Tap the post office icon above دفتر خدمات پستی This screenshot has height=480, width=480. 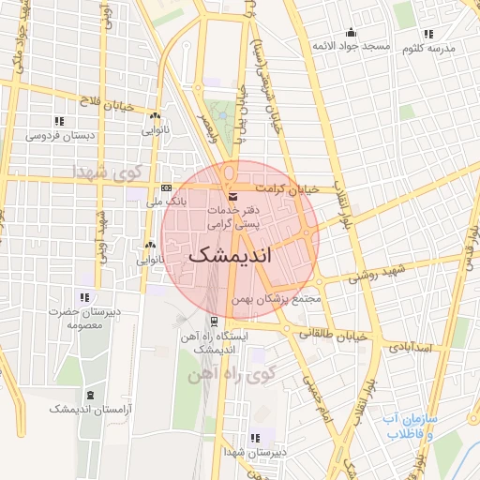pyautogui.click(x=232, y=195)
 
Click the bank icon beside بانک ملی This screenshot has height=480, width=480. pyautogui.click(x=166, y=187)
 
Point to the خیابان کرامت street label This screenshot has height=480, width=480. pyautogui.click(x=293, y=188)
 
